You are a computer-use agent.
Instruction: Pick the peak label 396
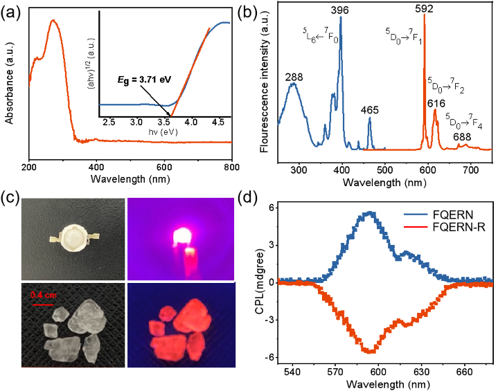point(340,11)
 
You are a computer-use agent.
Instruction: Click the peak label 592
point(424,10)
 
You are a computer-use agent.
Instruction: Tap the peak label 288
point(294,76)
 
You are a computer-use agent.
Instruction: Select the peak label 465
point(370,110)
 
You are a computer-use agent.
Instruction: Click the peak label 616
point(436,104)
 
